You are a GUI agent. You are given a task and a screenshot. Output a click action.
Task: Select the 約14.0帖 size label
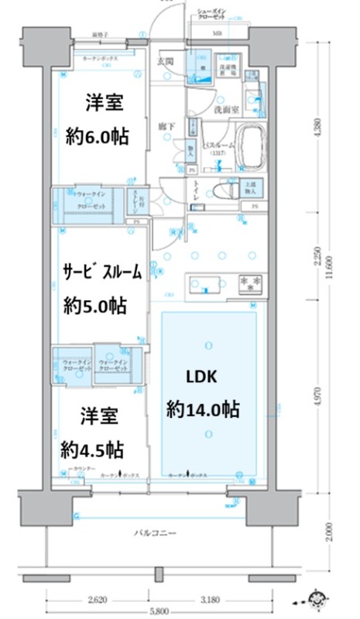201,409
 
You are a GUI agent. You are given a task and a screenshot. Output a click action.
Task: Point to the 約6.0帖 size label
97,137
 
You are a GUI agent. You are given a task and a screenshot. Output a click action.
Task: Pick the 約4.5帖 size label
93,450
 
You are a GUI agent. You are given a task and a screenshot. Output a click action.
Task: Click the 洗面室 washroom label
227,109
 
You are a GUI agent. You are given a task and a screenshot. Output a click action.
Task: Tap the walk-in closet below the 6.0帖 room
88,202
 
